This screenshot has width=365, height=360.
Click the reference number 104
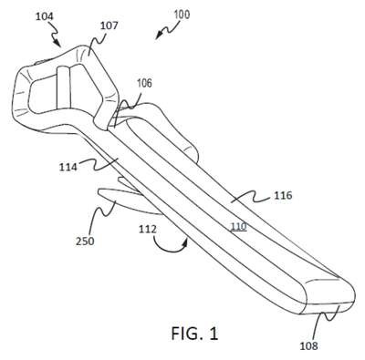[45, 16]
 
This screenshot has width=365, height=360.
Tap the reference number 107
[109, 26]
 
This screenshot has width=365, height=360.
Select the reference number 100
[182, 15]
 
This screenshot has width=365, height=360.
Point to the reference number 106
[144, 83]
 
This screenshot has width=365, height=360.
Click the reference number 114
[68, 167]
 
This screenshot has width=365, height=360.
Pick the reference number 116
[283, 195]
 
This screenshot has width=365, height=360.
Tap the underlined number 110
[238, 226]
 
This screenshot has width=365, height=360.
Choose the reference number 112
[148, 229]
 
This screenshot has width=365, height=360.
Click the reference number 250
[85, 242]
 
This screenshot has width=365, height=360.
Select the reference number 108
[308, 345]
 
